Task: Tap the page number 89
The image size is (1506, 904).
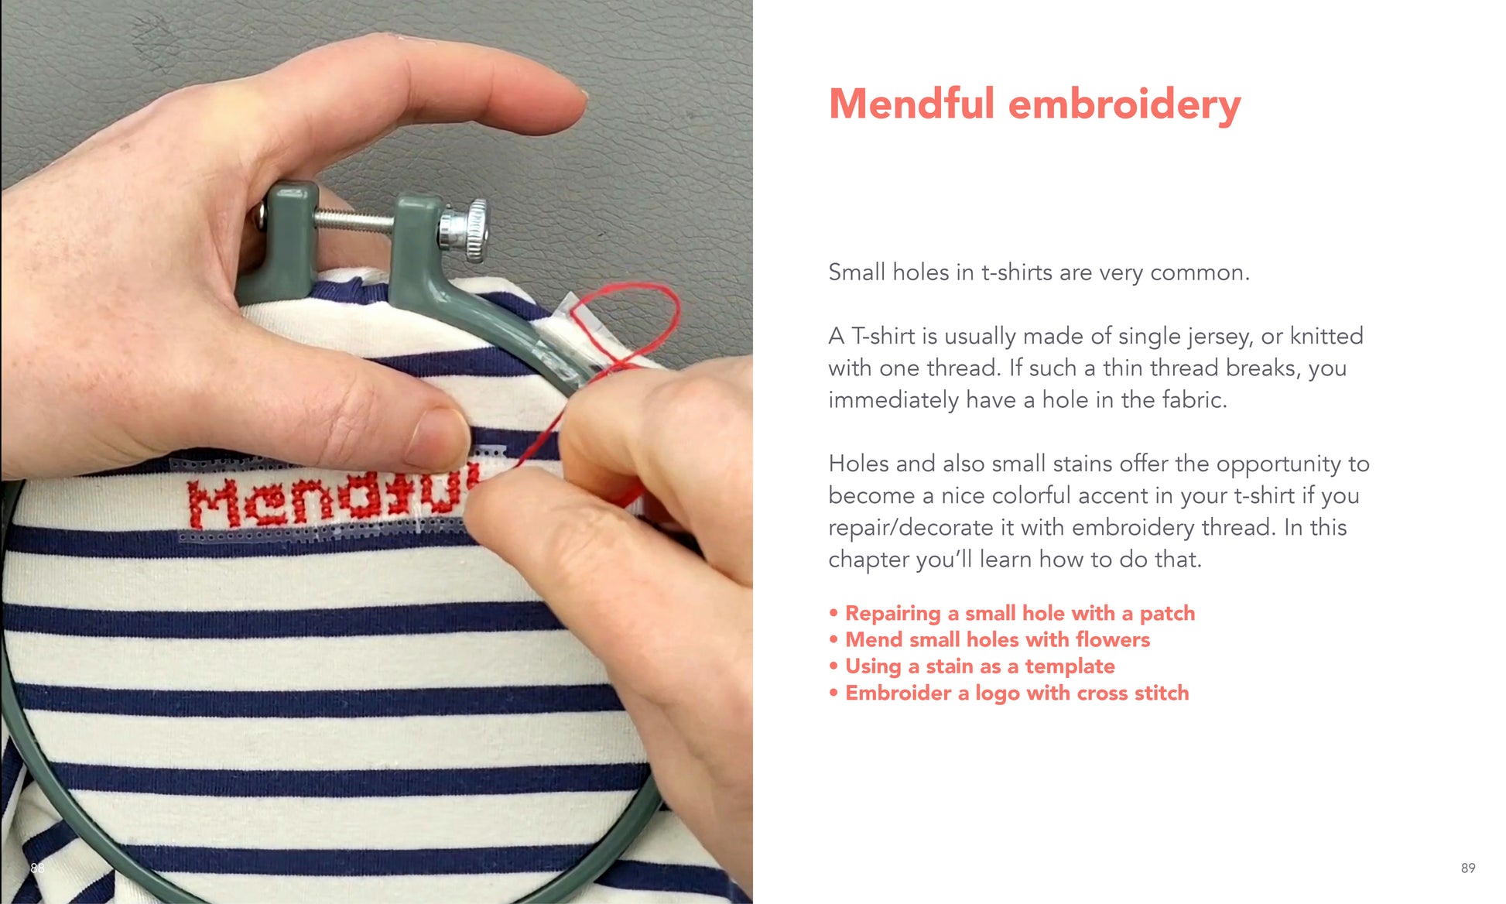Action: [x=1468, y=868]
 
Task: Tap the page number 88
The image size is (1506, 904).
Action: [x=37, y=868]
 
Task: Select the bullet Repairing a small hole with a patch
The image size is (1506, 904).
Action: [x=1012, y=613]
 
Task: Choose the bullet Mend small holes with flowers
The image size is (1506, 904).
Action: [x=990, y=639]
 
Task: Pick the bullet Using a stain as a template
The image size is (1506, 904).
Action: [x=972, y=666]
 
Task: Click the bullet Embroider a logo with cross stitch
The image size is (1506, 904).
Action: [x=1009, y=693]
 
